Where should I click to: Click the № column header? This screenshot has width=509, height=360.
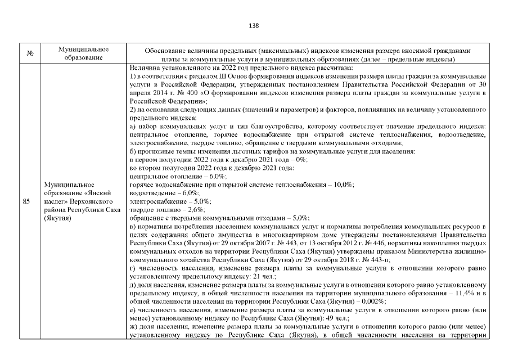coord(30,54)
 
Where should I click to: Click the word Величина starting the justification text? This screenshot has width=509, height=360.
coord(143,68)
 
